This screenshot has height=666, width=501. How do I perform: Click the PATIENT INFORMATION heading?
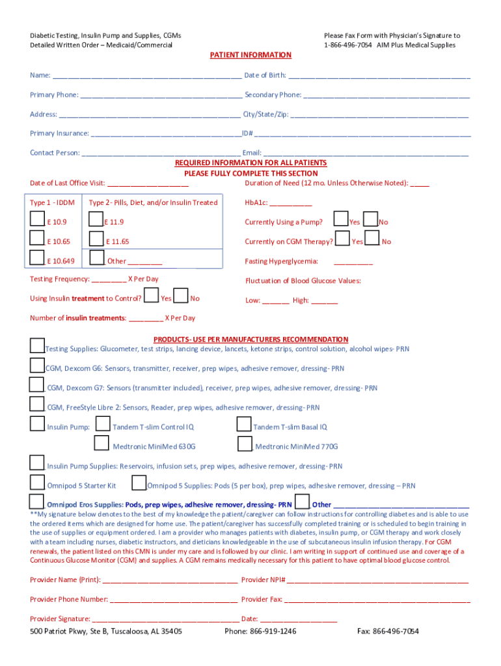point(251,55)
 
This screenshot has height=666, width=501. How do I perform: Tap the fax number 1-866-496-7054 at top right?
point(347,45)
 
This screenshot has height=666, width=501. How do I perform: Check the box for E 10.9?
point(38,220)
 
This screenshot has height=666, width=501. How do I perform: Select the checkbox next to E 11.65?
point(96,239)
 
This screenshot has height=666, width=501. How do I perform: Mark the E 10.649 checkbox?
point(38,259)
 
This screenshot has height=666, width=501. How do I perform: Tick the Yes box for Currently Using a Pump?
point(340,219)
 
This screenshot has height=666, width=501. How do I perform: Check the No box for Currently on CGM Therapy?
point(372,239)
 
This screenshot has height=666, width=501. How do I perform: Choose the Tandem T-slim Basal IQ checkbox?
point(244,425)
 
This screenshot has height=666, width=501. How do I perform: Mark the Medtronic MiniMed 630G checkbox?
point(102,444)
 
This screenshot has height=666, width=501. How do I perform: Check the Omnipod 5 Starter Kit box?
point(37,483)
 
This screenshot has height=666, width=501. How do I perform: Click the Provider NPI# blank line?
point(377,580)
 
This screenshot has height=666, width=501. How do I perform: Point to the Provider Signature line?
point(165,619)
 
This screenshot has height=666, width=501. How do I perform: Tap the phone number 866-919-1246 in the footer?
point(260,632)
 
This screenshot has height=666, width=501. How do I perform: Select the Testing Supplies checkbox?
point(37,346)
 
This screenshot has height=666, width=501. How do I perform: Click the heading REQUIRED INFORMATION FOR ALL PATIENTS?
point(251,163)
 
